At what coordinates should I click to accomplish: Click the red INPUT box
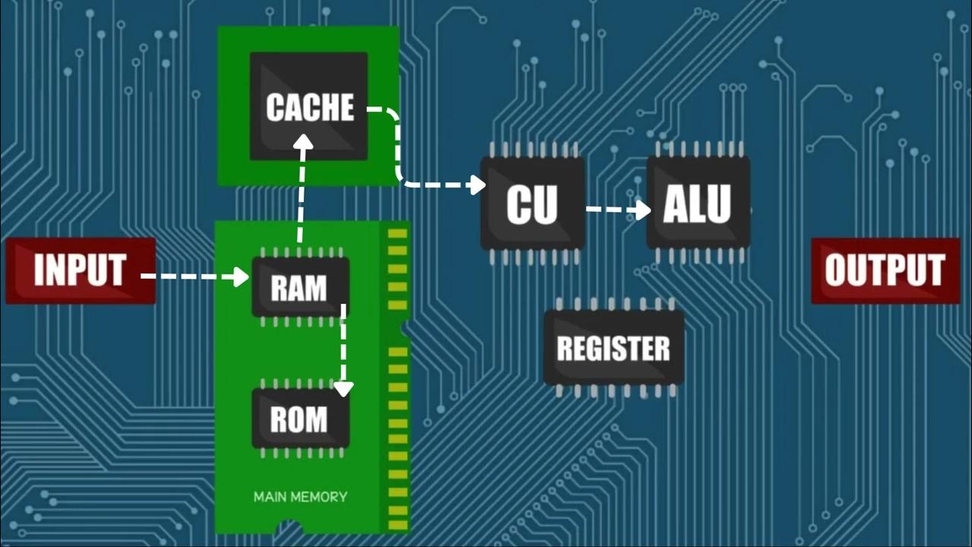point(80,270)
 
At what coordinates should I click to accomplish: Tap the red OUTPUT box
point(885,270)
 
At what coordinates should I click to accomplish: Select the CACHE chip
point(309,106)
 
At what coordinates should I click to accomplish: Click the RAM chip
point(300,287)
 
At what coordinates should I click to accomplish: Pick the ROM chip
point(300,419)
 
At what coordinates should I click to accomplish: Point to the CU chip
point(532,203)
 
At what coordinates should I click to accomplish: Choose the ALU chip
point(698,203)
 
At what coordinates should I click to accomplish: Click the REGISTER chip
point(614,348)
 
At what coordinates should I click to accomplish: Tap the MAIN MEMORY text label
point(300,497)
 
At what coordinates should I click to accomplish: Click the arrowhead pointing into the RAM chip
point(241,277)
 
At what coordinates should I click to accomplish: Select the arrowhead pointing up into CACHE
point(304,143)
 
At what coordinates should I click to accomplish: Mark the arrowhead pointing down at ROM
point(344,388)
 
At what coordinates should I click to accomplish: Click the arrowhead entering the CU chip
point(477,185)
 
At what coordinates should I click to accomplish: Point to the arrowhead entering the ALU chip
point(642,210)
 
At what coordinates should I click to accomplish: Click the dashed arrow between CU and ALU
point(611,210)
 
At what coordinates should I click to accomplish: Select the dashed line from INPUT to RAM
point(190,277)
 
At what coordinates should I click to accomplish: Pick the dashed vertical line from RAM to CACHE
point(301,198)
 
